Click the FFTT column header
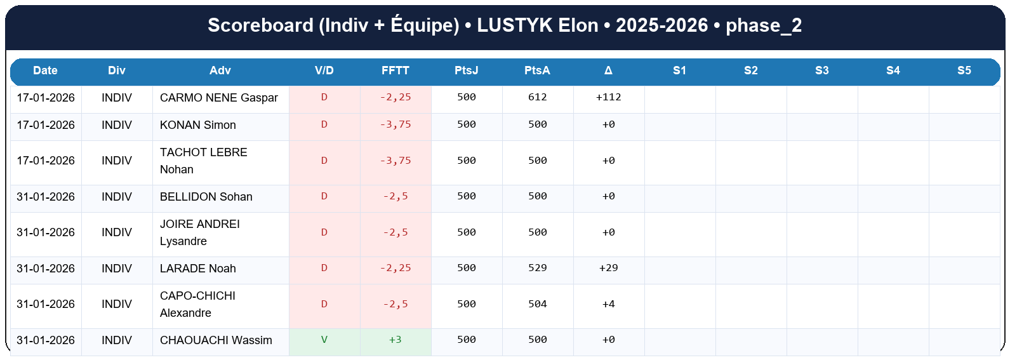point(395,70)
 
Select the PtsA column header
point(537,70)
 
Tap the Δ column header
point(608,70)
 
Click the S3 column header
point(821,70)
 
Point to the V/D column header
point(324,70)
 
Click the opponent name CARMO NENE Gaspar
point(218,98)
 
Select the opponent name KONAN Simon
point(197,125)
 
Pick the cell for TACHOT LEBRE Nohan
point(203,161)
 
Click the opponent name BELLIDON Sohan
point(206,197)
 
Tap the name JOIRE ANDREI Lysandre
point(199,232)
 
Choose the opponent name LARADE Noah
point(197,269)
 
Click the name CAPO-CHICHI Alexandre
point(197,304)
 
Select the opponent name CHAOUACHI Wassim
point(216,340)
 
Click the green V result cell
point(324,340)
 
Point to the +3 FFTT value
point(395,340)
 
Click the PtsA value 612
point(537,97)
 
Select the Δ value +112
point(608,97)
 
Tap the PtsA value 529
point(537,268)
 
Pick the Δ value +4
point(608,304)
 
